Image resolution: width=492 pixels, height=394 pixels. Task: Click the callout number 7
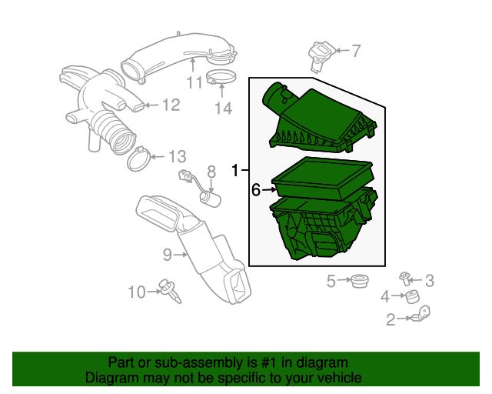point(356,52)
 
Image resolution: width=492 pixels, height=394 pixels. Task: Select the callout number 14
point(222,109)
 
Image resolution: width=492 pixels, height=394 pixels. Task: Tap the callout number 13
point(177,157)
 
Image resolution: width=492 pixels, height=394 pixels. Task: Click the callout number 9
point(167,254)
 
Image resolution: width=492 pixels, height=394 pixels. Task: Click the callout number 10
point(136,292)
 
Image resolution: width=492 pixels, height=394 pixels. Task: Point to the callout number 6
point(256,189)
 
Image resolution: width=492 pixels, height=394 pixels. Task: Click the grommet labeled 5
point(357,282)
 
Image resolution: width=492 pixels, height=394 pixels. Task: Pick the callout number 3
point(430,280)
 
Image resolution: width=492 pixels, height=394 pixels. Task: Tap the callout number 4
point(385,297)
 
